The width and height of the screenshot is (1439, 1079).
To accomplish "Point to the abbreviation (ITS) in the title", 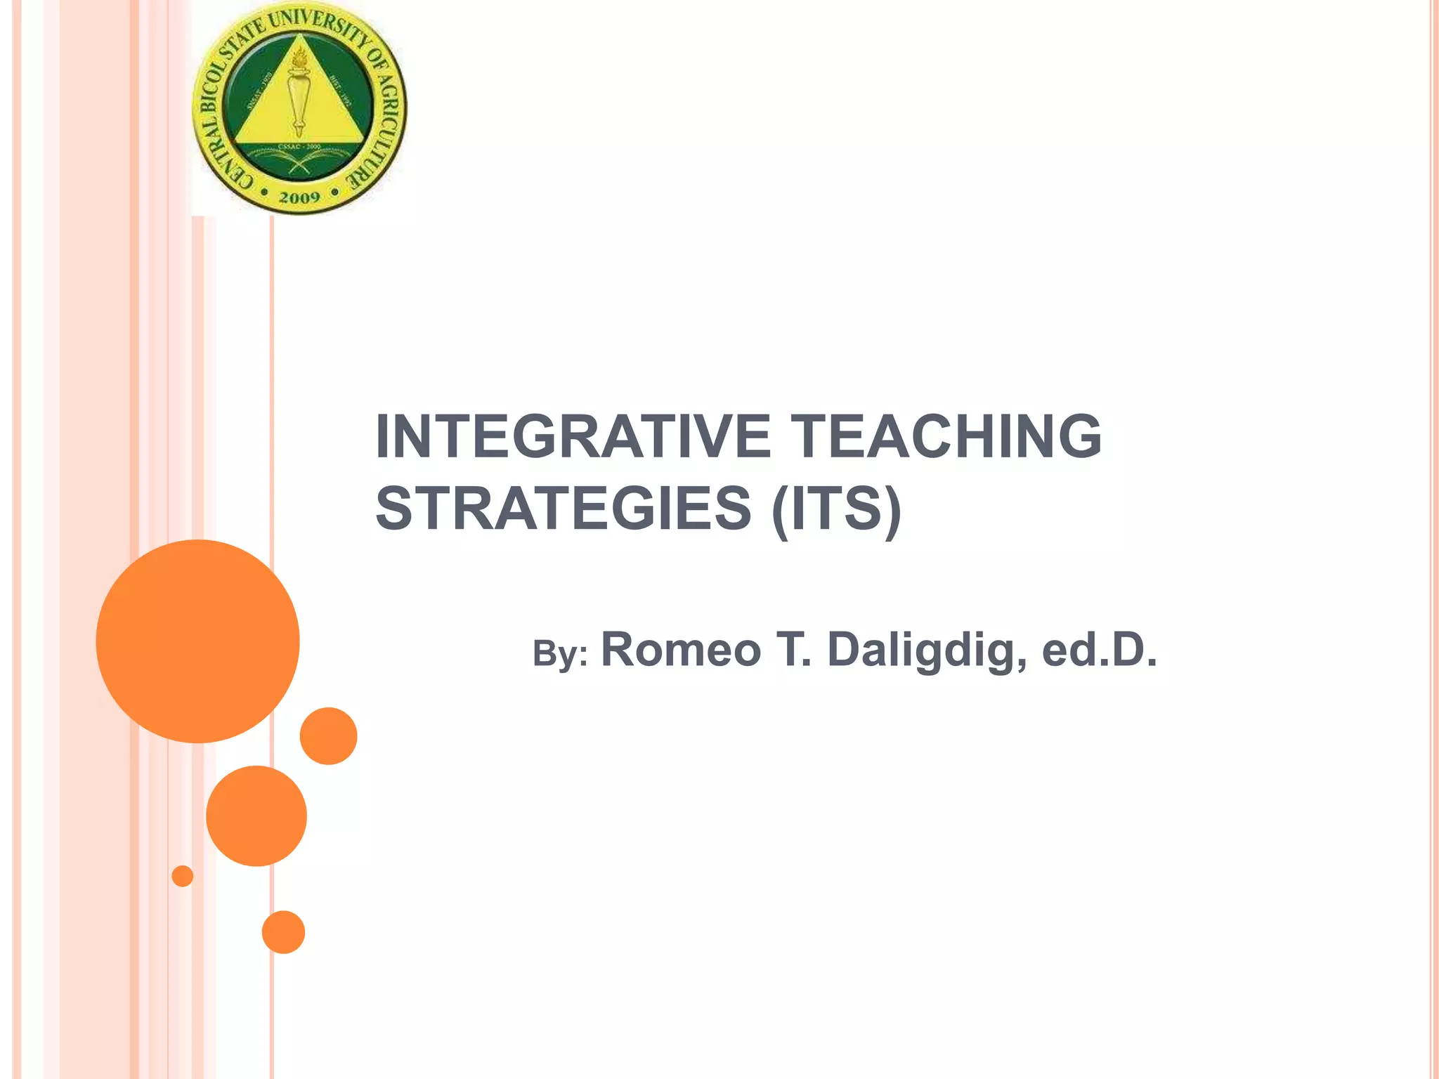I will (x=835, y=509).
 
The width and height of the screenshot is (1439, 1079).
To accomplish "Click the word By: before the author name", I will (x=560, y=653).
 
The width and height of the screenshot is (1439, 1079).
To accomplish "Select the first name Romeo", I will (x=681, y=649).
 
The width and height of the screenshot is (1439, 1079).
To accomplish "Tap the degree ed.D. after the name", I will (x=1099, y=649).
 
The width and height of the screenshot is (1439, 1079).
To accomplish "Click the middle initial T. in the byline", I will (x=793, y=649).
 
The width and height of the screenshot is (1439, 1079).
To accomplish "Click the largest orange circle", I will (x=198, y=641).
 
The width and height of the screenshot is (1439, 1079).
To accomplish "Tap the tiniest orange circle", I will (x=183, y=876).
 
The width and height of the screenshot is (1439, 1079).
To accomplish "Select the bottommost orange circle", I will (x=283, y=932).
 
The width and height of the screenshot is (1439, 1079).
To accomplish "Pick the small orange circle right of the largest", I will (x=328, y=735).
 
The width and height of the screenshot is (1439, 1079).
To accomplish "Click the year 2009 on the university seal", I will (x=299, y=198).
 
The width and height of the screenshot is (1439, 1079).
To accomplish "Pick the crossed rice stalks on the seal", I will (x=299, y=162).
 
